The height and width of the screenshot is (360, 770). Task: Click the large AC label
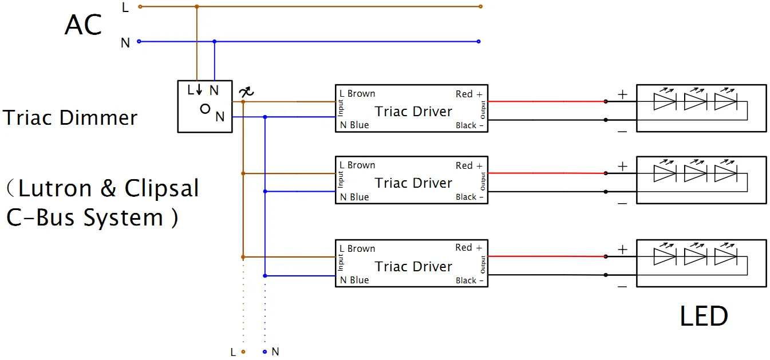(83, 25)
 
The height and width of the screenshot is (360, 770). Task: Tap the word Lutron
(55, 188)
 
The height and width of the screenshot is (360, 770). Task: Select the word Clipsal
(161, 189)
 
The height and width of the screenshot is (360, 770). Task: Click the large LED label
(704, 316)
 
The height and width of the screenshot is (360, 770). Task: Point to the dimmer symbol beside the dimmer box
(246, 92)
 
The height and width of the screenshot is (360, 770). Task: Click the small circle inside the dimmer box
(205, 109)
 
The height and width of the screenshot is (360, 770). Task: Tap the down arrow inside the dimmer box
(199, 89)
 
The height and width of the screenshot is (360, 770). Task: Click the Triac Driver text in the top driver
(413, 111)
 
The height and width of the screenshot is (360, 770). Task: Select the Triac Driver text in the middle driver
(413, 183)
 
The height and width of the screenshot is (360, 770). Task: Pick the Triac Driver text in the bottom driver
(413, 267)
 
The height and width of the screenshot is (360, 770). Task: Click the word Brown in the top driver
(361, 93)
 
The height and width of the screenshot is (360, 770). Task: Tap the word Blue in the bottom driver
(359, 280)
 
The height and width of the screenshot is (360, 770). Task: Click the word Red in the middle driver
(464, 165)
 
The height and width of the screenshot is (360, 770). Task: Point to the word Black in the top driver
(466, 125)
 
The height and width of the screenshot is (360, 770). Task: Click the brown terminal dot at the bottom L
(243, 352)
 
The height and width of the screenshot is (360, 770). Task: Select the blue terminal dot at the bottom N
(264, 352)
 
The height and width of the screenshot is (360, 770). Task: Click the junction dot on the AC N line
(215, 42)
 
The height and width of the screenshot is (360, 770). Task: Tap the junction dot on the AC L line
(196, 6)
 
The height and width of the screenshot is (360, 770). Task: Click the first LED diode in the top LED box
(665, 102)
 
